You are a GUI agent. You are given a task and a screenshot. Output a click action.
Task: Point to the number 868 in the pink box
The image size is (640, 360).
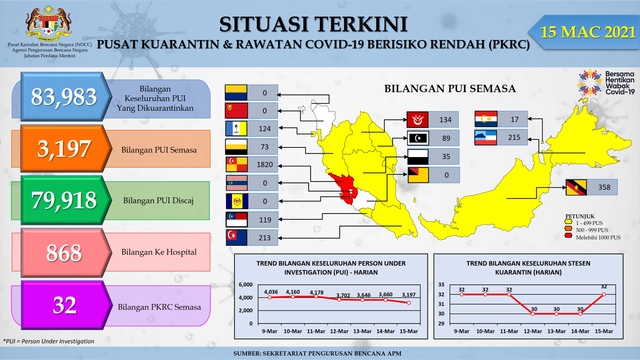(x=64, y=253)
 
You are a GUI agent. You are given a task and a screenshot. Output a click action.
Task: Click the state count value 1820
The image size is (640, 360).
(x=265, y=164)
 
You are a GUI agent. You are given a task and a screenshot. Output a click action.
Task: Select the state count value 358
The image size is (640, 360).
(x=604, y=187)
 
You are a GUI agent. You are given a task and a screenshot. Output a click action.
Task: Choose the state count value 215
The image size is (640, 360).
(x=514, y=137)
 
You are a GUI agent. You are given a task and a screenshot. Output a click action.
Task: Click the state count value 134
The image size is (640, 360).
(x=445, y=120)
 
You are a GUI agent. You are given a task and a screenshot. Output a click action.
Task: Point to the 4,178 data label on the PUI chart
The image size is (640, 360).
(x=316, y=292)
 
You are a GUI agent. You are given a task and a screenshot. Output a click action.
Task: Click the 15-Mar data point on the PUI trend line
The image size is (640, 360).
(x=409, y=303)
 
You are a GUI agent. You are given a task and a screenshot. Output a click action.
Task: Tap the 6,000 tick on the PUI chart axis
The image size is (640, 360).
(x=245, y=284)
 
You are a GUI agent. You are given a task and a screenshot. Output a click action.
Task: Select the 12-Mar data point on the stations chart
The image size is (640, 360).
(x=533, y=314)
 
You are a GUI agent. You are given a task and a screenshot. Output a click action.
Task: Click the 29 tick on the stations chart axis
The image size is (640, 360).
(x=441, y=324)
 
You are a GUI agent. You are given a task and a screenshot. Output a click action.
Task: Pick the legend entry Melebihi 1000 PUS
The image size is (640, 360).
(x=593, y=237)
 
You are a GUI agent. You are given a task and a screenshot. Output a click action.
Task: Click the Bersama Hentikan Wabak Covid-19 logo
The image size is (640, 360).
(x=606, y=83)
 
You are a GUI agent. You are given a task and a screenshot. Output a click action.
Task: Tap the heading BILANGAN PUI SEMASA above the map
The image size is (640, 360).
(x=450, y=88)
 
